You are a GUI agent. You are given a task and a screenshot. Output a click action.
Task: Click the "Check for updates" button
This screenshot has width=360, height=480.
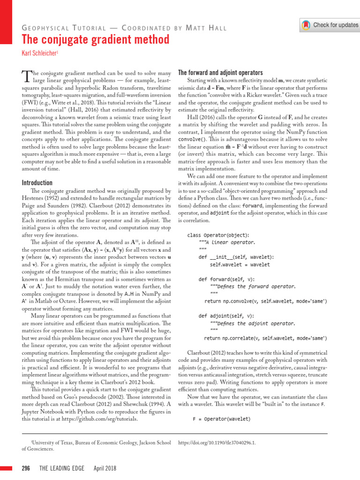click(330, 25)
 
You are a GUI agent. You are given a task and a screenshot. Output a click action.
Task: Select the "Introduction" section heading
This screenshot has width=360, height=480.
click(37, 182)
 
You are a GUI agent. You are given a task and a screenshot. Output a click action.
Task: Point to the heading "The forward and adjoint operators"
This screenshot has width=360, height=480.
click(220, 73)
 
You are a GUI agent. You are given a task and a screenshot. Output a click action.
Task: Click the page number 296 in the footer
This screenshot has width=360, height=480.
click(26, 468)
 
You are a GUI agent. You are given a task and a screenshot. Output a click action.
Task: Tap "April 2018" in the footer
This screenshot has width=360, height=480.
click(105, 468)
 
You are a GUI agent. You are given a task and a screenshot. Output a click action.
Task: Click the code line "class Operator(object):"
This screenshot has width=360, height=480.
click(218, 235)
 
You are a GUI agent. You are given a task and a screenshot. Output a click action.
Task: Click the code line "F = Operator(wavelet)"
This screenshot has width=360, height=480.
click(222, 419)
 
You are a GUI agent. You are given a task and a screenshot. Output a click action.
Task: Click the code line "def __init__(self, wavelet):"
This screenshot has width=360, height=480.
click(237, 257)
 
